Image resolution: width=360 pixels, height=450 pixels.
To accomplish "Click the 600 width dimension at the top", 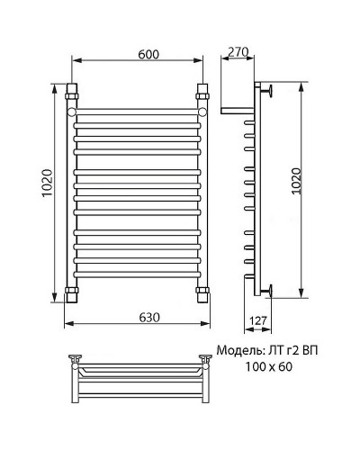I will (137, 53).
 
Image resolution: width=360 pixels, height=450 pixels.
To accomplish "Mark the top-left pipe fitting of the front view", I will (72, 93).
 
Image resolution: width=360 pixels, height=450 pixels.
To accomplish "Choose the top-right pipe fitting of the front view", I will (202, 93).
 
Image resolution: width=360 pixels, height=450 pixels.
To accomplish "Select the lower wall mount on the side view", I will (268, 290).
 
